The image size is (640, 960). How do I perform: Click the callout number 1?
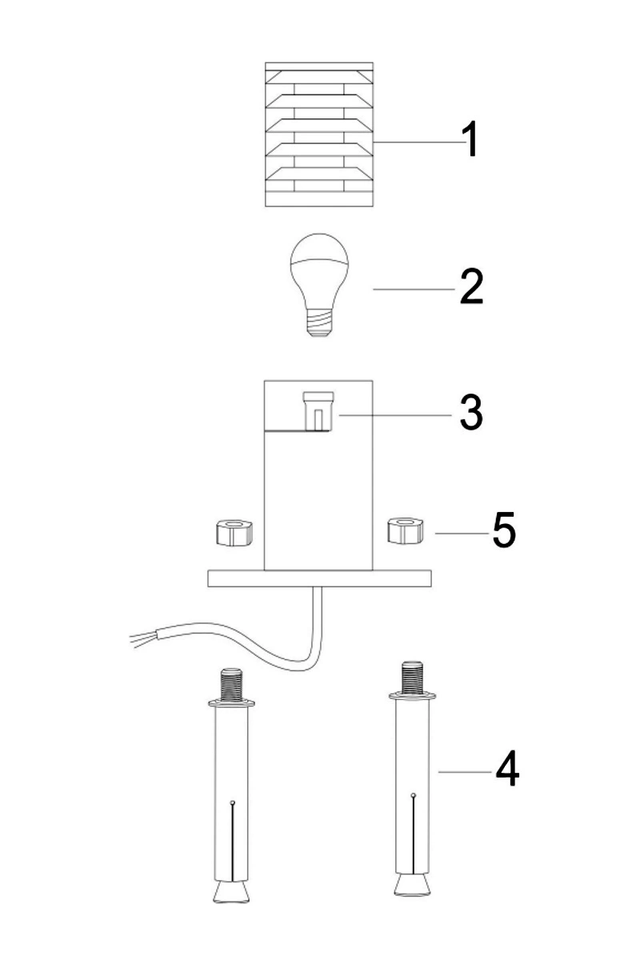point(472,139)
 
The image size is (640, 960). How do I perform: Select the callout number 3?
point(471,411)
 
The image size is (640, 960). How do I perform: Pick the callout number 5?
point(503,531)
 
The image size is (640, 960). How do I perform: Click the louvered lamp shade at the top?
point(319,134)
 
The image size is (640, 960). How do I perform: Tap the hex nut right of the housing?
point(406,530)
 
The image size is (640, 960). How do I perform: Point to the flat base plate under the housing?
point(319,578)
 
